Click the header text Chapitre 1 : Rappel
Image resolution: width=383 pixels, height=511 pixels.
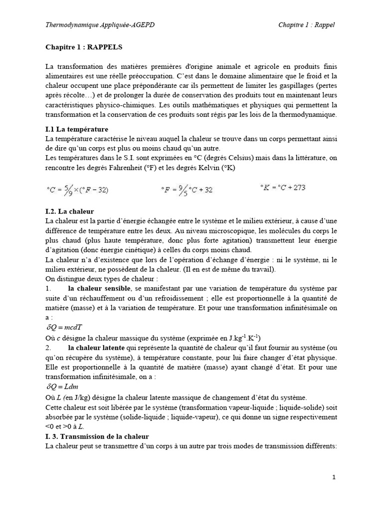coord(306,25)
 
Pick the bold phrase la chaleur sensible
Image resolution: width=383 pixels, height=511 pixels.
coord(100,288)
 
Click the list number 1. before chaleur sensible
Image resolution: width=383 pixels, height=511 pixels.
coord(48,288)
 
